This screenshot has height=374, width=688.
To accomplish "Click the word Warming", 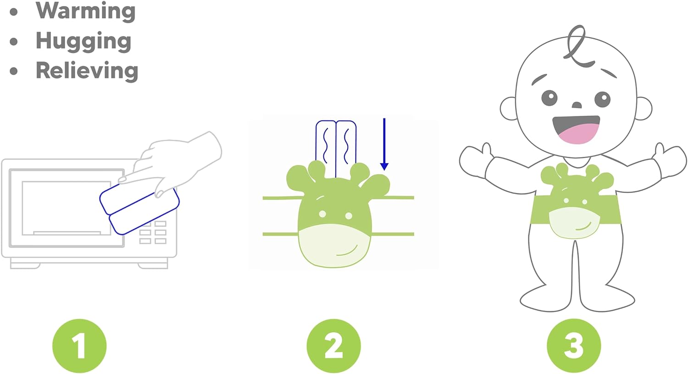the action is point(85,11).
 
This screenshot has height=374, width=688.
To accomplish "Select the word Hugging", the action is point(83,41).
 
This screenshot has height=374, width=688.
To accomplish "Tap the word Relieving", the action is point(87,71).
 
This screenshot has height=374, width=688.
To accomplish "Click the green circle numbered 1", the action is point(79,346).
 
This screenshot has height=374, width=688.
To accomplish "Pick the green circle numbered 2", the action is point(333,346).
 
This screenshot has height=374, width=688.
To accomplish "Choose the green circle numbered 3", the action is point(574,346).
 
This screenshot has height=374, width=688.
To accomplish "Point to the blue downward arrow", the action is point(384,144).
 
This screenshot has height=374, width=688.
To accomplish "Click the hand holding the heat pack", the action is point(172,163).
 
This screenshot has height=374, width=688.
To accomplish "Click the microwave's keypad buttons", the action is point(153,232).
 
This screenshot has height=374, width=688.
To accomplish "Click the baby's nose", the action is point(577,105).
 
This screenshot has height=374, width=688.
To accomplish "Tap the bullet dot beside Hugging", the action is point(13,41).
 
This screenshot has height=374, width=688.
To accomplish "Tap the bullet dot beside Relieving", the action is point(13,71).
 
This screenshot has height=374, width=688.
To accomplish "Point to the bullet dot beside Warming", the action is point(13,12).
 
